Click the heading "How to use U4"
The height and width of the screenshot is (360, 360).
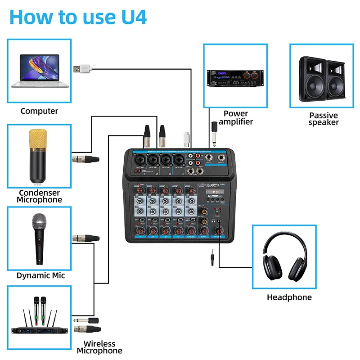[77, 17]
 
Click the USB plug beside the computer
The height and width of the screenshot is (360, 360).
[82, 69]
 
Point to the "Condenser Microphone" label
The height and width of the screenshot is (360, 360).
[40, 196]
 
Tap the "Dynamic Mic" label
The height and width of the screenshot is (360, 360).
[40, 275]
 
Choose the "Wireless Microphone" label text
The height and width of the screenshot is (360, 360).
[99, 347]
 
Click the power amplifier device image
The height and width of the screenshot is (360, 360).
[234, 79]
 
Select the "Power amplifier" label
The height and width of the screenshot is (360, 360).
[236, 117]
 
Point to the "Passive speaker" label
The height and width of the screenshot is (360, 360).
[323, 119]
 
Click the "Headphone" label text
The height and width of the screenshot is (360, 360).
[289, 297]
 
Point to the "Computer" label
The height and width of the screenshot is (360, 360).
[39, 111]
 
